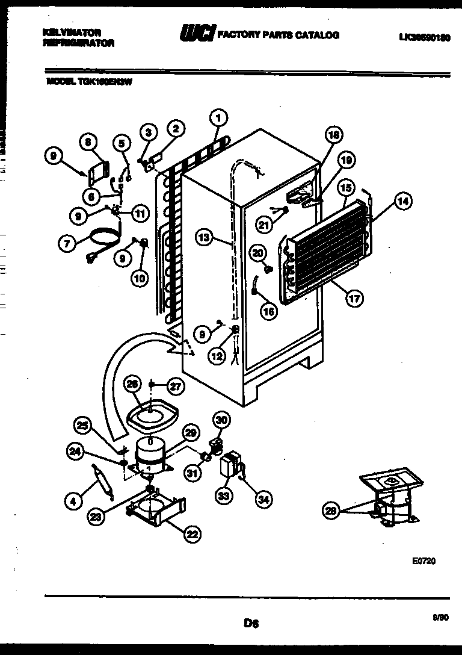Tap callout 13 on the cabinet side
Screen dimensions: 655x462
point(205,238)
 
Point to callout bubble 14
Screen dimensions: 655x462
point(404,202)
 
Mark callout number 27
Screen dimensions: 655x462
point(175,385)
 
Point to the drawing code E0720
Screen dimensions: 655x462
point(423,560)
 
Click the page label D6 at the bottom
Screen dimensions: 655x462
point(251,624)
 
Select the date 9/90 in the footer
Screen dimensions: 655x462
point(440,616)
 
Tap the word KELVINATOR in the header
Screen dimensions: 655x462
point(72,32)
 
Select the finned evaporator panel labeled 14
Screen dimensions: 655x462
point(325,241)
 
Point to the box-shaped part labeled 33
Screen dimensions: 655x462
point(230,465)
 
